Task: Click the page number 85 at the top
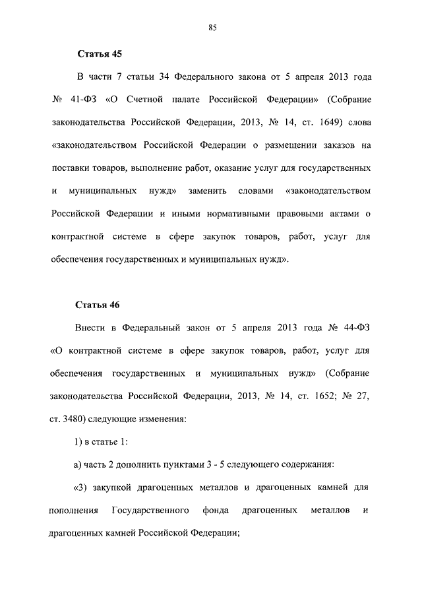212,27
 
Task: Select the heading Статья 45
100,53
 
